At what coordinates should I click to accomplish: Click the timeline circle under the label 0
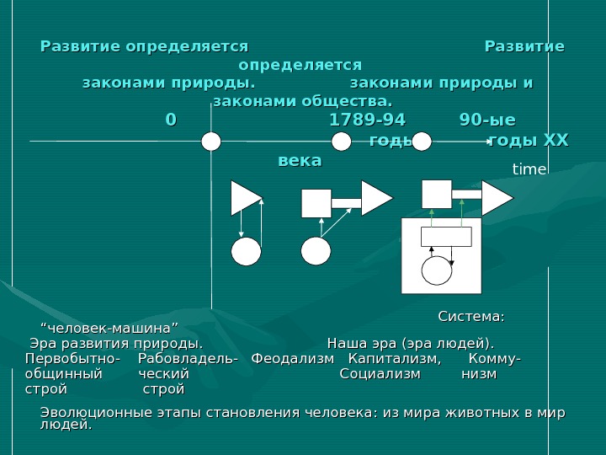tap(211, 142)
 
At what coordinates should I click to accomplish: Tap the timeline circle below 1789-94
tap(341, 142)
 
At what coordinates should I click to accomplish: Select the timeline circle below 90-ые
tap(422, 142)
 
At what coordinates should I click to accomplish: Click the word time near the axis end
tap(529, 169)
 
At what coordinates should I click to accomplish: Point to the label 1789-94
tap(366, 120)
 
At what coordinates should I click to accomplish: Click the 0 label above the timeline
tap(171, 120)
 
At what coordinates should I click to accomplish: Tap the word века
tap(300, 160)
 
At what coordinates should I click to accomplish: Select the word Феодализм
tap(293, 359)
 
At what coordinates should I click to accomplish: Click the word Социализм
tap(380, 374)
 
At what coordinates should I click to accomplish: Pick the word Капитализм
tap(394, 359)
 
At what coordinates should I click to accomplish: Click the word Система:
tap(471, 317)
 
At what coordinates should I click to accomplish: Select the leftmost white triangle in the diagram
tap(245, 198)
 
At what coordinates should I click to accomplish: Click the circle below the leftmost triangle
tap(247, 251)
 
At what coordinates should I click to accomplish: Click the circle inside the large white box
tap(437, 270)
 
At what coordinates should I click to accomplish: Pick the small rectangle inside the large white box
tap(446, 237)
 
